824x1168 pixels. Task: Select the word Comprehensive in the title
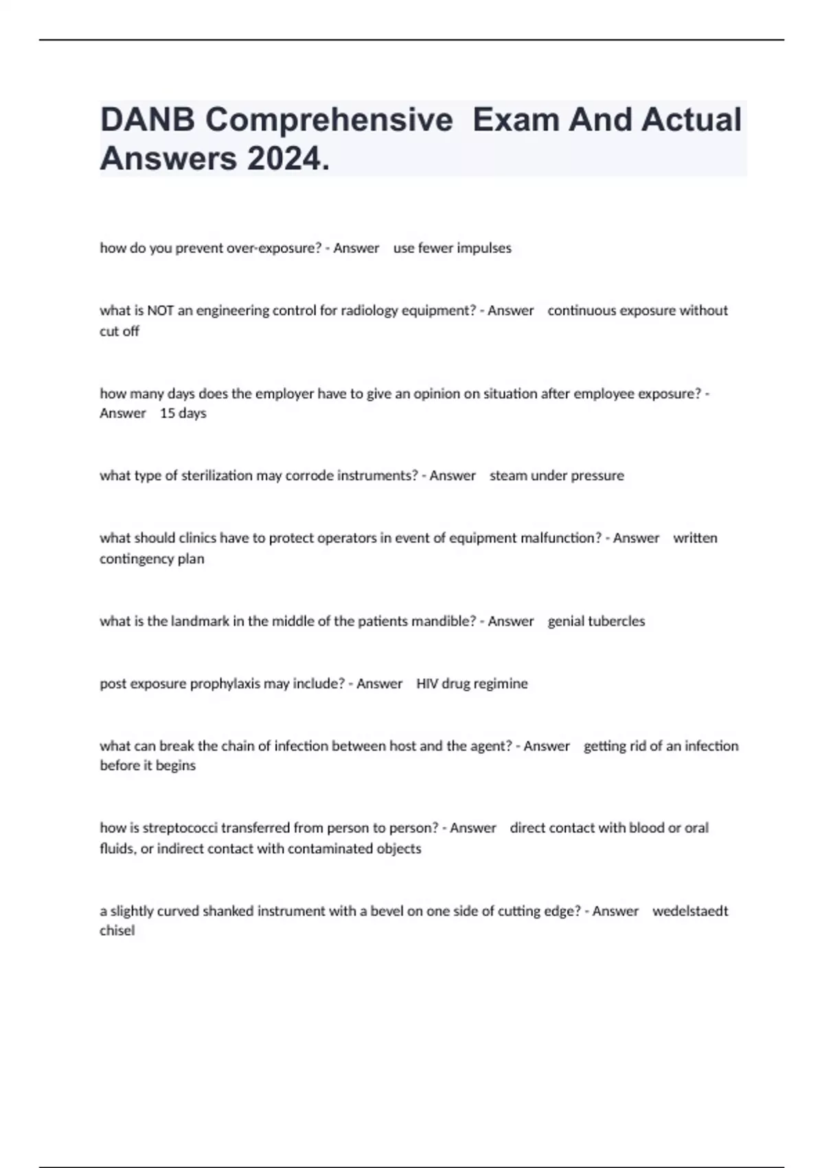point(329,120)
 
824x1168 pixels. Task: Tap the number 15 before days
point(168,413)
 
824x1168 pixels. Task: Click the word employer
point(281,394)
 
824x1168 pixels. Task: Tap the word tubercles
point(616,621)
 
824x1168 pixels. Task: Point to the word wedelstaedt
point(689,911)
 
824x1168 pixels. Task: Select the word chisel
point(117,930)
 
